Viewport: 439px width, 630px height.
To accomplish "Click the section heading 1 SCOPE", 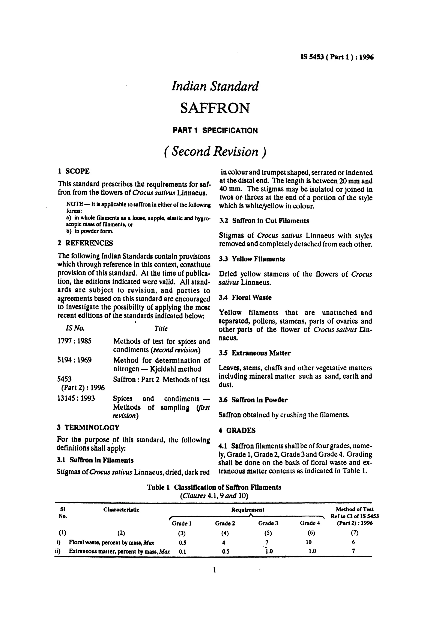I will [x=73, y=171].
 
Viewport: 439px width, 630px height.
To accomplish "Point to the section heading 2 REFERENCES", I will [x=85, y=243].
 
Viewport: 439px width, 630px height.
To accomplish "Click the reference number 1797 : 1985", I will [x=74, y=341].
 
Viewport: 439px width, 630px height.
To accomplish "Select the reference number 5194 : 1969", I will [x=74, y=360].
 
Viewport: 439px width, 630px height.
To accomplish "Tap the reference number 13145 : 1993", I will [x=76, y=398].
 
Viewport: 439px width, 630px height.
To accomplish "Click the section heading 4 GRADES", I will [x=237, y=430].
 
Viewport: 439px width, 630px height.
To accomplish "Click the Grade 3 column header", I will [x=268, y=523].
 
